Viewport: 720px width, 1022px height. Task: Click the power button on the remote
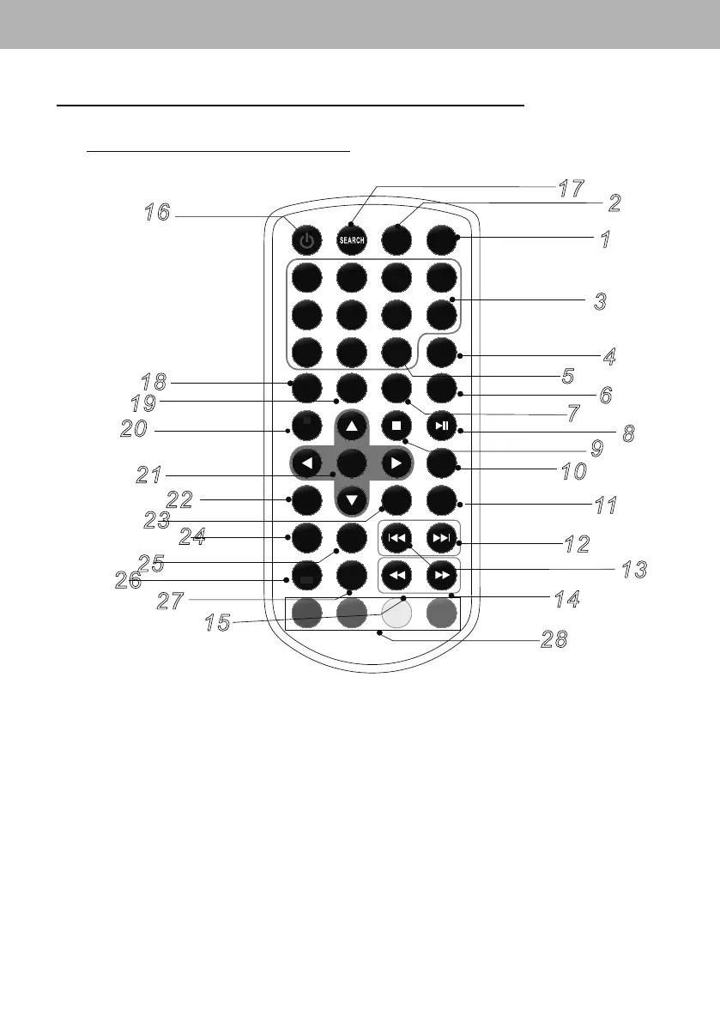pyautogui.click(x=306, y=239)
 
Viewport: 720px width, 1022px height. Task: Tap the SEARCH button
pyautogui.click(x=351, y=239)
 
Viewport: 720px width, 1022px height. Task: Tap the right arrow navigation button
pyautogui.click(x=396, y=463)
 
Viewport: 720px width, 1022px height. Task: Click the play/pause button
pyautogui.click(x=440, y=426)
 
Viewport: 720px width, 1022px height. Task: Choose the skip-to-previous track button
pyautogui.click(x=396, y=537)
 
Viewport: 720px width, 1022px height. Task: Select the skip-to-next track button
pyautogui.click(x=440, y=537)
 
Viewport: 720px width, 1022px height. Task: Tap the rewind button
pyautogui.click(x=396, y=574)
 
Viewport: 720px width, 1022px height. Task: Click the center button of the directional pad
pyautogui.click(x=352, y=463)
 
